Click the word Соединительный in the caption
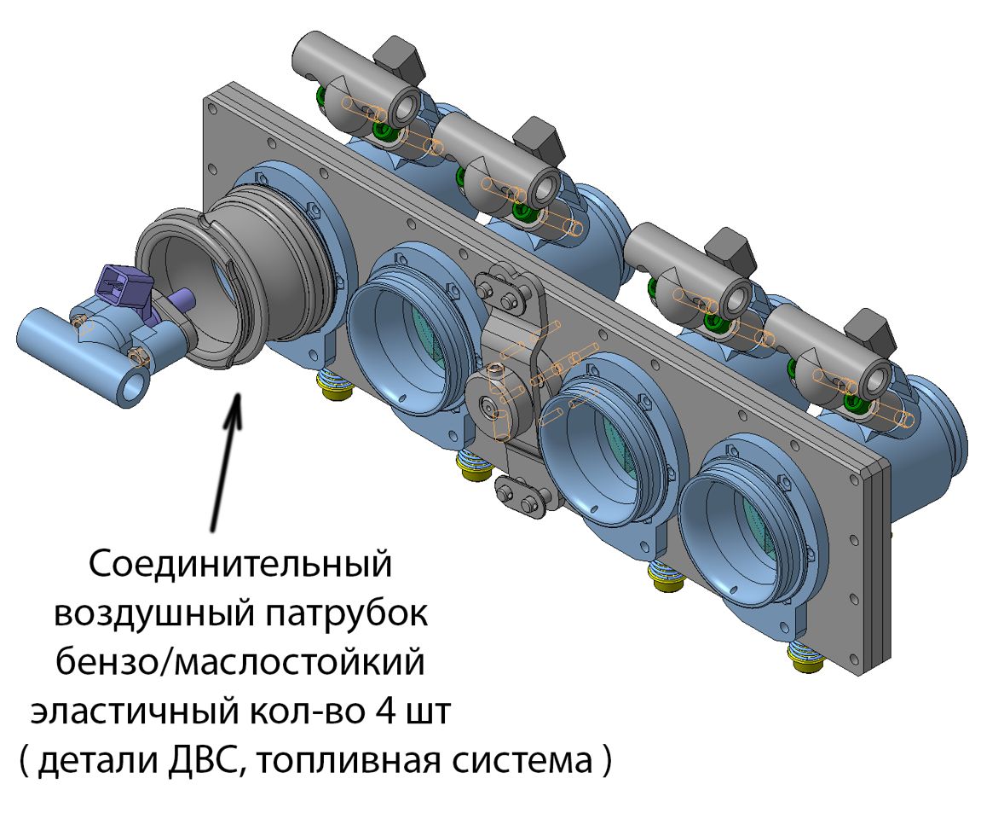point(239,564)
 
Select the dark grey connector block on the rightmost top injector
point(870,334)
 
